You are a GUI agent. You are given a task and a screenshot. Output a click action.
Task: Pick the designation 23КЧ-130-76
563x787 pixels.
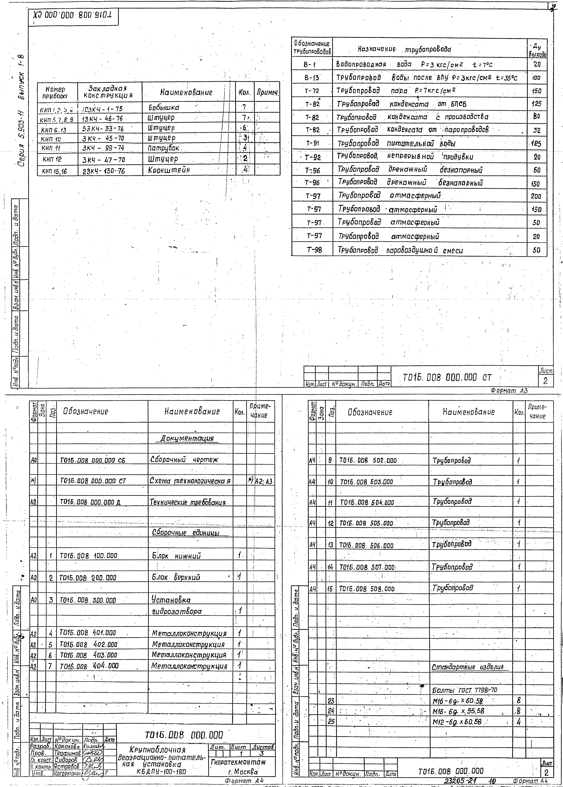(104, 171)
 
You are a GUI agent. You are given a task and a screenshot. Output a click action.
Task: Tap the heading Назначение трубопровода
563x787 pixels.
(405, 49)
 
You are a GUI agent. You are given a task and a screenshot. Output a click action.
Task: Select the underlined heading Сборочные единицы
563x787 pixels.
(190, 533)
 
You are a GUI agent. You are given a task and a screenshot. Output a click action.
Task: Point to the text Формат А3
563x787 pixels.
(509, 391)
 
